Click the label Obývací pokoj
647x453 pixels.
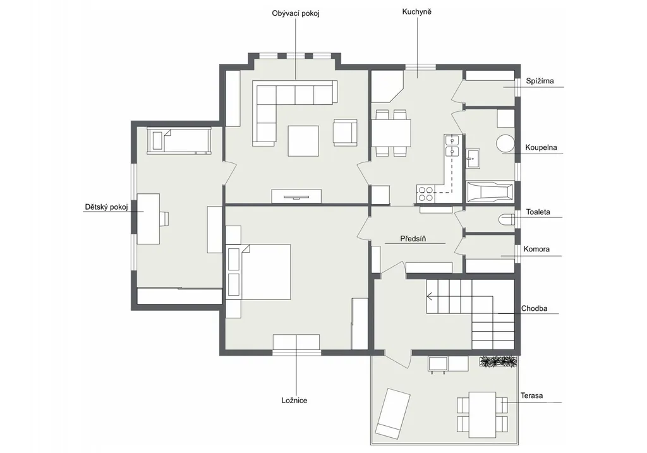(x=296, y=14)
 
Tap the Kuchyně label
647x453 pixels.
(x=417, y=12)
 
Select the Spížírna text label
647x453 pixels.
(x=540, y=81)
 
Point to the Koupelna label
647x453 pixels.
(x=541, y=147)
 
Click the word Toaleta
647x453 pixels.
(x=538, y=212)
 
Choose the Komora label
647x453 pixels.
(x=536, y=249)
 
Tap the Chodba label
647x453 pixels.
(x=534, y=308)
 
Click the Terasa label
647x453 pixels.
(x=531, y=396)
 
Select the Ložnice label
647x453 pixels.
(x=294, y=401)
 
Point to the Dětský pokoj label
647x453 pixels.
(x=106, y=207)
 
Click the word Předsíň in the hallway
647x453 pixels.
(x=413, y=238)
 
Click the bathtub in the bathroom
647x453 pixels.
(x=490, y=192)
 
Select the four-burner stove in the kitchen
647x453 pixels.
(x=425, y=194)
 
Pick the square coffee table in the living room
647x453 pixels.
(x=303, y=141)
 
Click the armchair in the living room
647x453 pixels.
(x=345, y=133)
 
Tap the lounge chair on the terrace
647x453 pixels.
(x=392, y=413)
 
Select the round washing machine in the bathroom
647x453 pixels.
(x=505, y=144)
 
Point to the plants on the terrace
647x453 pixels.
(x=499, y=362)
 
